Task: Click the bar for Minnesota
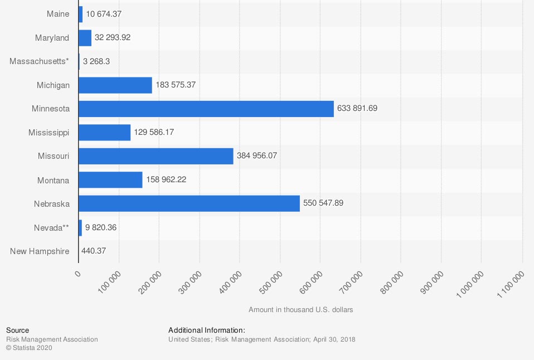tap(206, 109)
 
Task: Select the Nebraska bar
tap(189, 203)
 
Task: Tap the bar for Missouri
tap(156, 156)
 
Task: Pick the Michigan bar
tap(115, 85)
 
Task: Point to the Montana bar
tap(110, 180)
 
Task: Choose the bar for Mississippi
tap(105, 133)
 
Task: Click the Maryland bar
tap(85, 38)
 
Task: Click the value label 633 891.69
tap(357, 109)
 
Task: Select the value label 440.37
tap(94, 251)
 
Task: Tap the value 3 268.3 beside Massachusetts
tap(96, 61)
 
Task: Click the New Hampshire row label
tap(40, 251)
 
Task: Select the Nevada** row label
tap(51, 227)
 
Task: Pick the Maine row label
tap(58, 14)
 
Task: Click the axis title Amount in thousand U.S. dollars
tap(300, 309)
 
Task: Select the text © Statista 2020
tap(29, 348)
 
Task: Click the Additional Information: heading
tap(207, 330)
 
